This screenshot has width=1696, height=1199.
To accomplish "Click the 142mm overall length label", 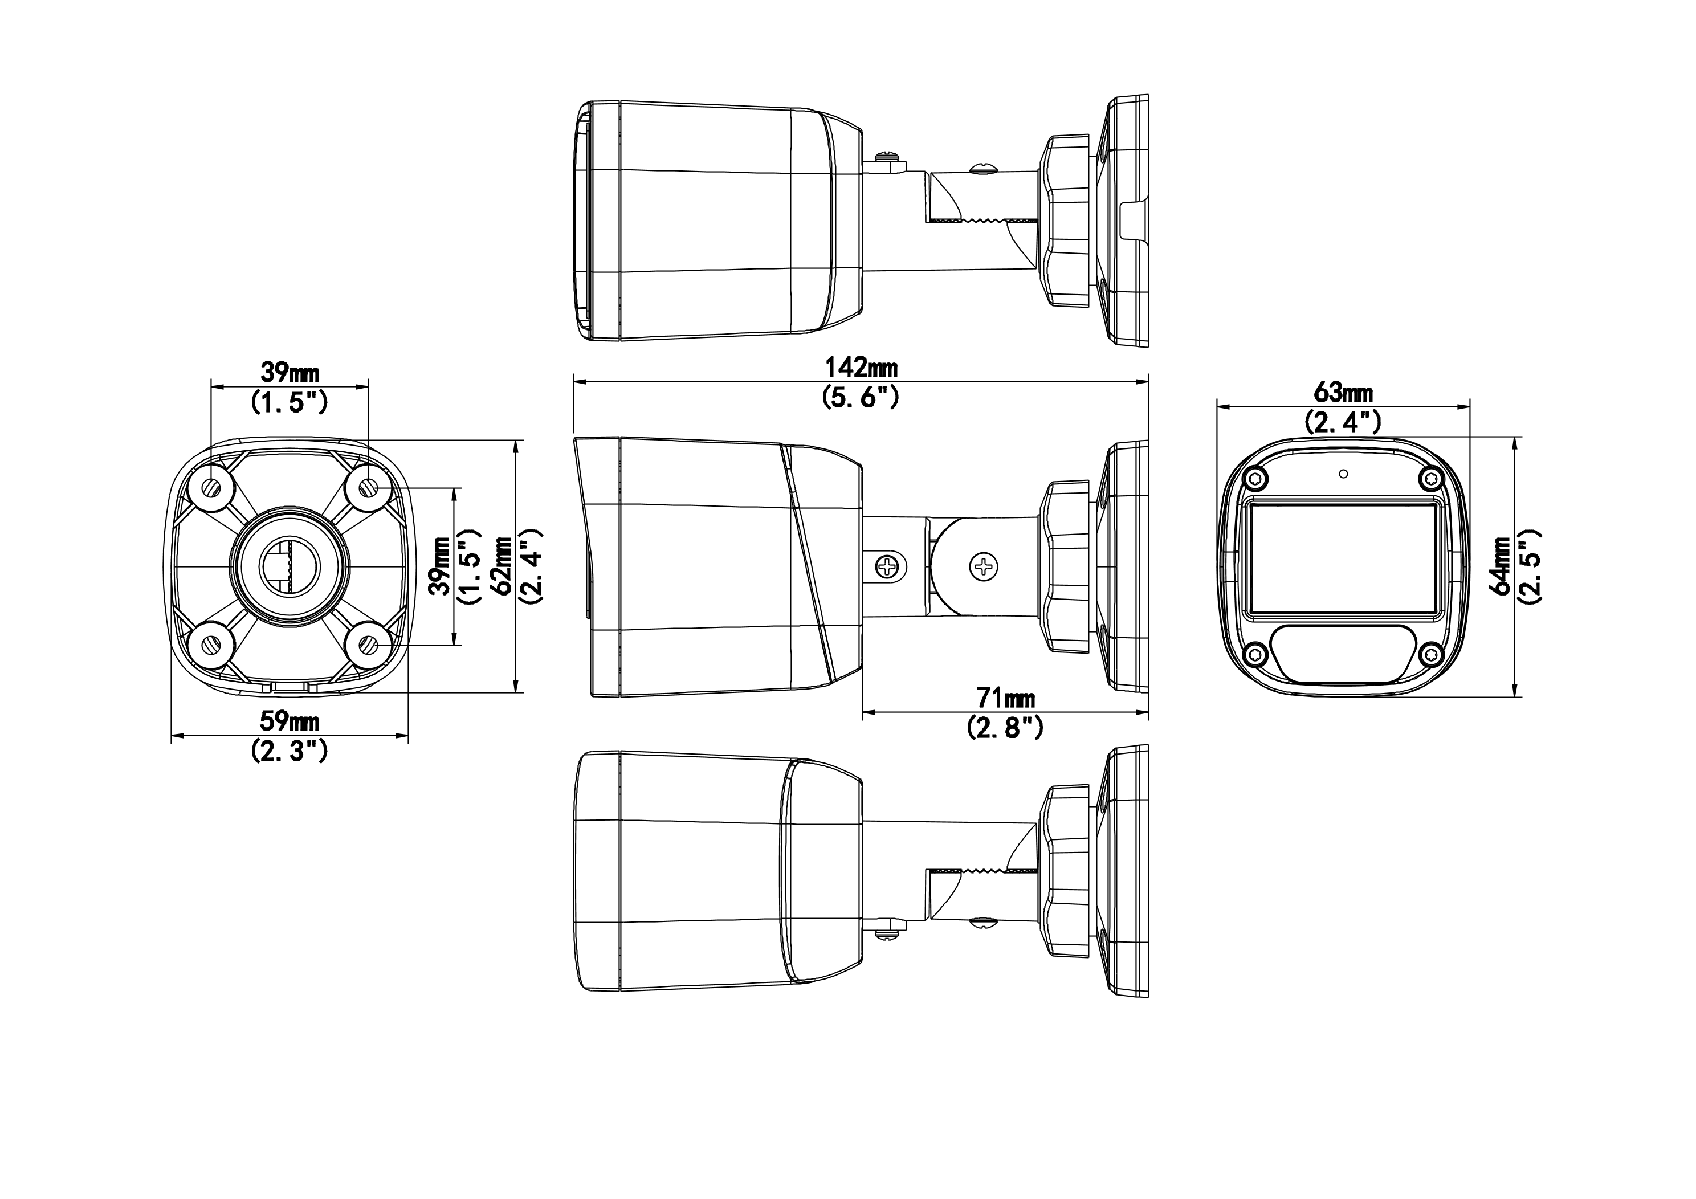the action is point(861,367).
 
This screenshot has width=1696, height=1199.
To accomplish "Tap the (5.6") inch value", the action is point(861,397).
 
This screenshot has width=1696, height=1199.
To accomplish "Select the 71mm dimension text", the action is point(1005,698).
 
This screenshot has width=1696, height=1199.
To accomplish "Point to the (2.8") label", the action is point(1005,728).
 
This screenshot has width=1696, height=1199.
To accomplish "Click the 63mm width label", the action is point(1343,391).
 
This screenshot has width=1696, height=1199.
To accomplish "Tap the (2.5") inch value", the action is point(1529,565).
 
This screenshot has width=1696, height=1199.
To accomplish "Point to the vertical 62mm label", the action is point(505,566).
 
